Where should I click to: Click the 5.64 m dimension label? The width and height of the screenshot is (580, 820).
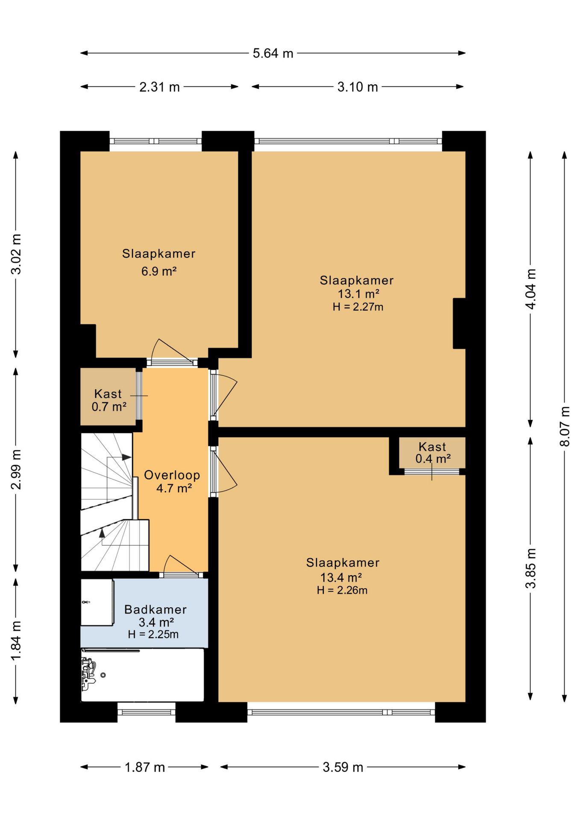pos(273,53)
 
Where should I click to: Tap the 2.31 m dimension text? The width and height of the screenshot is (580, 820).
pos(159,87)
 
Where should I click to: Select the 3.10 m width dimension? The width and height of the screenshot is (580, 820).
pos(357,87)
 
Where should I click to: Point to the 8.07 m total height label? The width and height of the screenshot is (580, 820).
pos(565,426)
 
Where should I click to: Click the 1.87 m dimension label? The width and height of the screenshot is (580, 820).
pos(145,767)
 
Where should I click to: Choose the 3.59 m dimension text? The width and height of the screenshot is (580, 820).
pos(343,767)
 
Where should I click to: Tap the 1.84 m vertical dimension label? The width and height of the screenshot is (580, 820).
pos(16,640)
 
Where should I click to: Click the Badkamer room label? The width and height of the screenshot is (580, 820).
pos(155,609)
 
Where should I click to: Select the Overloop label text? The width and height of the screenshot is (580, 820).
pos(172,475)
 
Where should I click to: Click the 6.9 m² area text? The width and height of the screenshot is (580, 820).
pos(159,271)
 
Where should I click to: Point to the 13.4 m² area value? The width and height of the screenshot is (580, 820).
pos(341,577)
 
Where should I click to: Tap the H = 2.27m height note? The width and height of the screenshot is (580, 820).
pos(358,307)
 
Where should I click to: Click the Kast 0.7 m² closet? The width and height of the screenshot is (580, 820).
pos(108,397)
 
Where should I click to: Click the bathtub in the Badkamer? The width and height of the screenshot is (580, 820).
pos(142,675)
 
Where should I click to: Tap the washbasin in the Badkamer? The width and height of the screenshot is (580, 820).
pos(97,602)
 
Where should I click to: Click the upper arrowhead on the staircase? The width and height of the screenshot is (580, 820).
pos(126,457)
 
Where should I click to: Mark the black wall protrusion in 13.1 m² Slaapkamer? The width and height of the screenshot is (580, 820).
pos(459,323)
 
